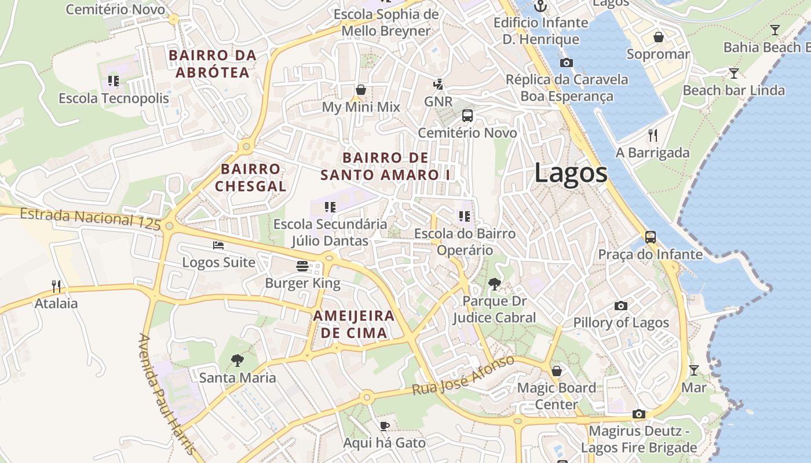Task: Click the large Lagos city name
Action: [571, 173]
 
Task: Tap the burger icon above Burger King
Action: [302, 266]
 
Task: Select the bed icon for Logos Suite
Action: [218, 245]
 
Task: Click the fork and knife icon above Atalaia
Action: [56, 286]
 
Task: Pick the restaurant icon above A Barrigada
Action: [653, 135]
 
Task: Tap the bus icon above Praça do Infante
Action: [651, 237]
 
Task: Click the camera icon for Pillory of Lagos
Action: [621, 306]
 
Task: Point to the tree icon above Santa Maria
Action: [237, 361]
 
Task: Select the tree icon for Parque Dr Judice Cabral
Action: [494, 284]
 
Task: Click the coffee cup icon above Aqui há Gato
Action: [384, 426]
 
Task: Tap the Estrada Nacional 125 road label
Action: [90, 218]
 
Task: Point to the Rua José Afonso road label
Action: [463, 376]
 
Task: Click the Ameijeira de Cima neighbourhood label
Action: [354, 324]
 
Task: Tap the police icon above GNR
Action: [438, 84]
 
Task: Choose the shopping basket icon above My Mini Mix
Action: [361, 90]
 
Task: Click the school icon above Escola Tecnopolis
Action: [114, 81]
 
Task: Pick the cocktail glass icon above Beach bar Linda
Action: [733, 73]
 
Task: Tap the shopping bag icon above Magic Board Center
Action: [556, 370]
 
